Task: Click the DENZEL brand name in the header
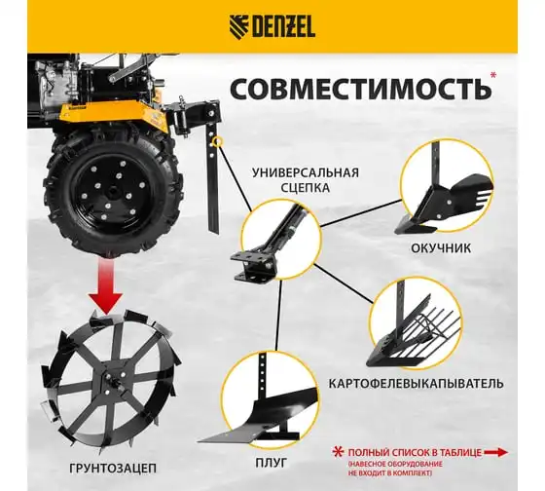[283, 27]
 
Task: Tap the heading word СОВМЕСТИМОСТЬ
[360, 89]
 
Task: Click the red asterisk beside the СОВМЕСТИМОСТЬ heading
[492, 75]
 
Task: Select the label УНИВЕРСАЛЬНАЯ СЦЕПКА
[306, 180]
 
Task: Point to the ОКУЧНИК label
[441, 248]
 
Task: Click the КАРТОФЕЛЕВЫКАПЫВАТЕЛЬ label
[417, 384]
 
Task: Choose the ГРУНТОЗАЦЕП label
[113, 468]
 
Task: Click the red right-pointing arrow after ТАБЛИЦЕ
[496, 452]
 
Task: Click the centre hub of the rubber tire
[113, 193]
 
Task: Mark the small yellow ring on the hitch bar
[218, 142]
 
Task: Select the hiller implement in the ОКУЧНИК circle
[443, 202]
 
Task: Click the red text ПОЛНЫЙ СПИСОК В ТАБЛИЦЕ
[415, 453]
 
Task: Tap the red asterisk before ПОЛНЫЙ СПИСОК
[338, 452]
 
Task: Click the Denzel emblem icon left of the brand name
[239, 27]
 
